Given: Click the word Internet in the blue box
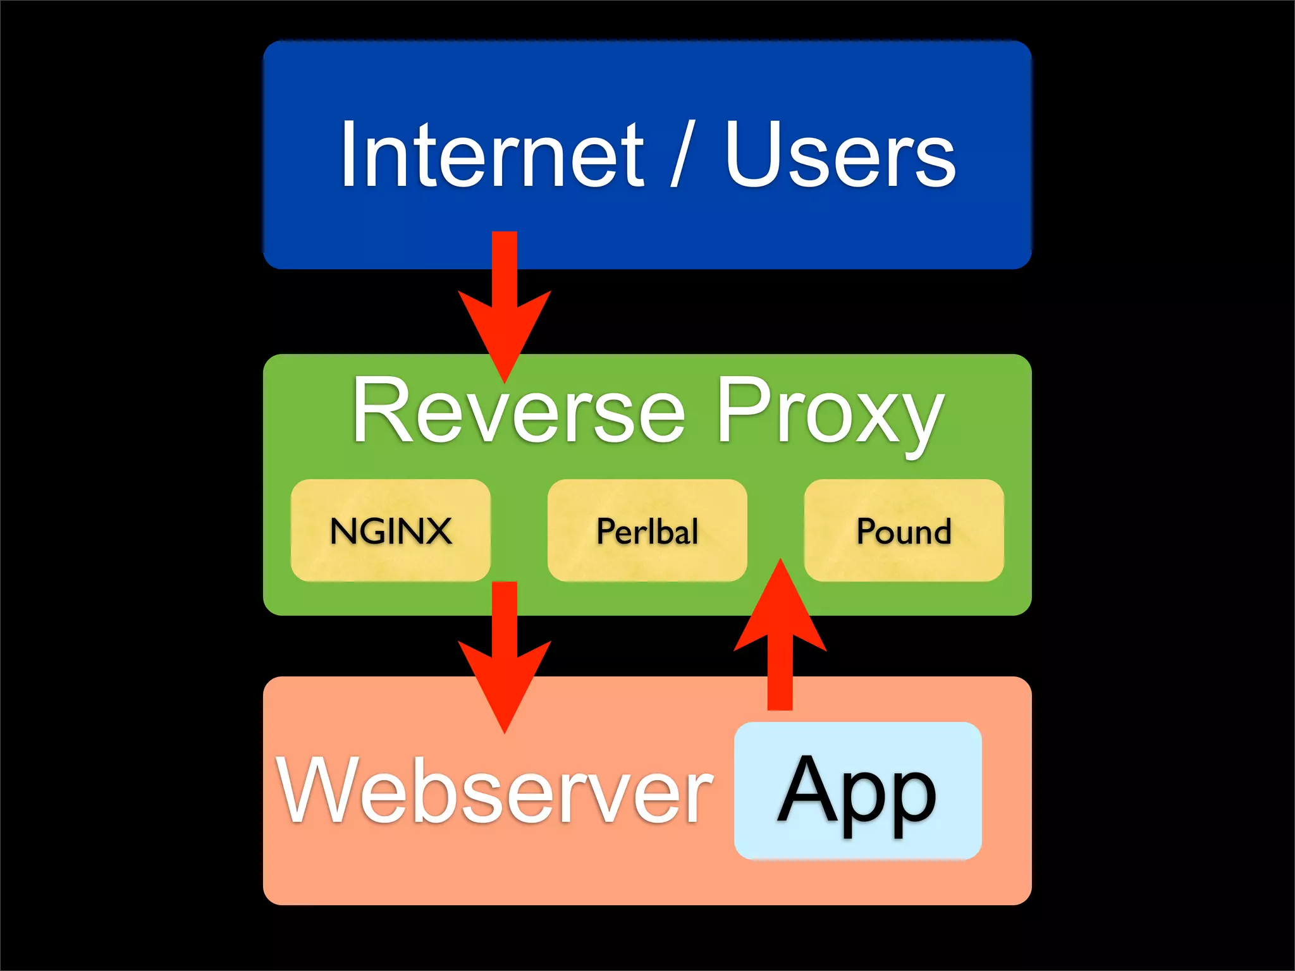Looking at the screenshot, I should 492,155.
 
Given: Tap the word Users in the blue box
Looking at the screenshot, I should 840,155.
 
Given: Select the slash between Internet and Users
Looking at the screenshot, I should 682,155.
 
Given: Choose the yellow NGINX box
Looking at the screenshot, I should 391,530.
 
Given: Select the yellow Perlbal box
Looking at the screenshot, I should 647,530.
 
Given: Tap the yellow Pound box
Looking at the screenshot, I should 904,530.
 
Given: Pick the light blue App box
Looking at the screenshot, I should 857,790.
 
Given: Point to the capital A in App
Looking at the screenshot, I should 804,787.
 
